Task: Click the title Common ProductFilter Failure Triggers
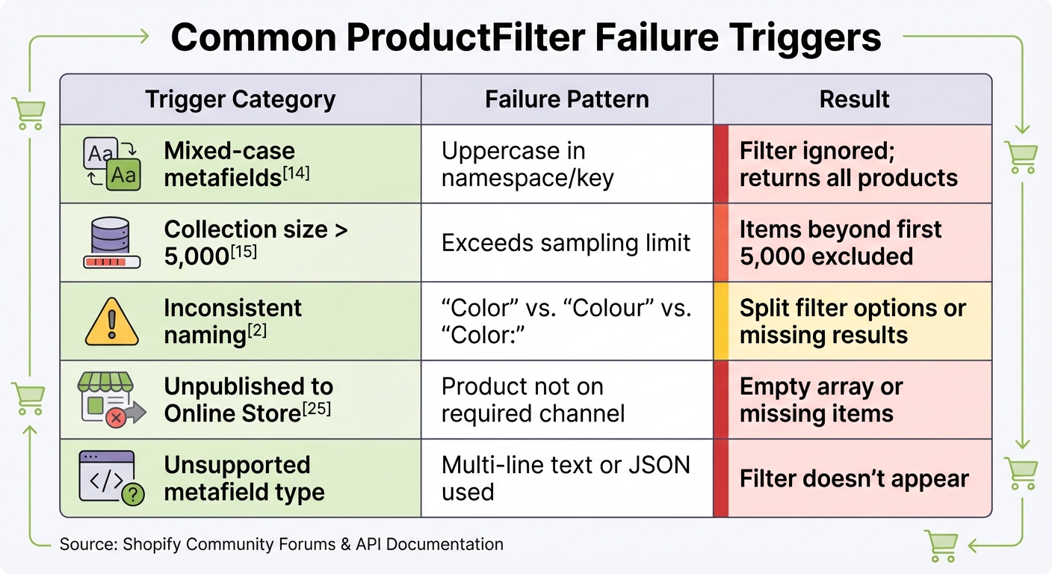pos(525,38)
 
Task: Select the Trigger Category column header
pos(240,99)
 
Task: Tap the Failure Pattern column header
pos(566,99)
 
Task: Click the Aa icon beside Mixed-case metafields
pos(111,164)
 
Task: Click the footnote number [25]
pos(318,409)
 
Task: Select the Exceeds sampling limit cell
pos(566,243)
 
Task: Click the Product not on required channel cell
pos(533,401)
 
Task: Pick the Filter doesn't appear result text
pos(853,479)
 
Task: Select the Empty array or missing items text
pos(821,401)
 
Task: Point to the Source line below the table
pos(281,544)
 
